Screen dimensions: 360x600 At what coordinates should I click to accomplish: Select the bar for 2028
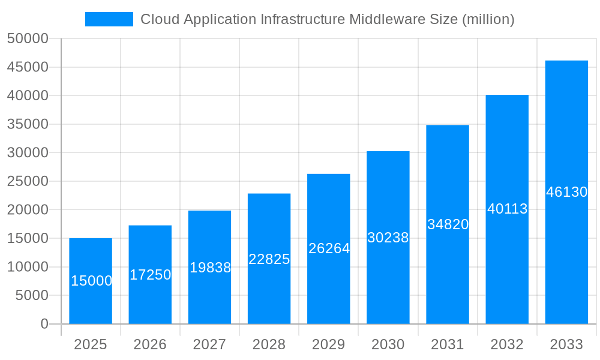(x=269, y=259)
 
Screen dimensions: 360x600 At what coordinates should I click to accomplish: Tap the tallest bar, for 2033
(x=566, y=192)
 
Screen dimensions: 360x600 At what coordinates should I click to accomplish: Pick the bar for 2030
(x=388, y=238)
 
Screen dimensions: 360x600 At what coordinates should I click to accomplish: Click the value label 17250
(x=150, y=275)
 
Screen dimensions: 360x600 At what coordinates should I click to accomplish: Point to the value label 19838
(x=210, y=268)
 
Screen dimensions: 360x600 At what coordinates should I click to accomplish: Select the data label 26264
(x=329, y=248)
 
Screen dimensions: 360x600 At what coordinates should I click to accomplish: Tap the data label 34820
(x=448, y=224)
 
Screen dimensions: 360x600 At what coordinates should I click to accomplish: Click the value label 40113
(x=507, y=209)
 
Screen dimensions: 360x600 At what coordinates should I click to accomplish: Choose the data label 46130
(x=566, y=192)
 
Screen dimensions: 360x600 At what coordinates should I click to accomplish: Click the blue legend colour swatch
(x=109, y=19)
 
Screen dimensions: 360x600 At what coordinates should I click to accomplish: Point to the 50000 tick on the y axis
(x=28, y=38)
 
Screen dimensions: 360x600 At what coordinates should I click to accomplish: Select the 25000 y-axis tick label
(x=28, y=181)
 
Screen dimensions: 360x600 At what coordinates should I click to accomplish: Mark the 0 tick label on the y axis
(x=44, y=324)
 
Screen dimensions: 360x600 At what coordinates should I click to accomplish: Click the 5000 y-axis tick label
(x=31, y=295)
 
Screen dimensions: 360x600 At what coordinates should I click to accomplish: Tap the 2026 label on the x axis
(x=150, y=344)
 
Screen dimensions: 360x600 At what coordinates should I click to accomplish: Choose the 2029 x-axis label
(x=329, y=344)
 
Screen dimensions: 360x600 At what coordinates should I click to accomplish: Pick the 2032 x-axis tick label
(x=507, y=344)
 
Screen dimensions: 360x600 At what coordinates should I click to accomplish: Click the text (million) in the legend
(x=488, y=19)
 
